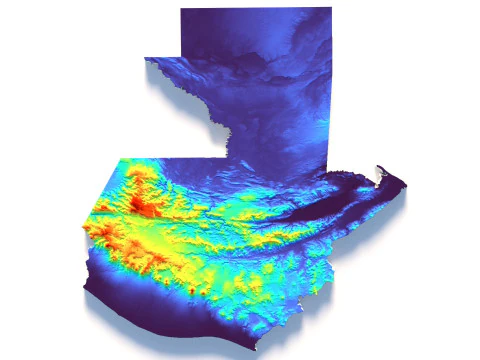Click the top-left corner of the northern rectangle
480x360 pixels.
click(x=181, y=8)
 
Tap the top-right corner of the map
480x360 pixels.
click(x=331, y=8)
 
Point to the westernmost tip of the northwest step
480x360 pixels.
click(x=146, y=58)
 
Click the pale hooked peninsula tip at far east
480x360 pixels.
click(x=378, y=169)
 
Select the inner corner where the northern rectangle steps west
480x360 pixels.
click(x=181, y=57)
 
